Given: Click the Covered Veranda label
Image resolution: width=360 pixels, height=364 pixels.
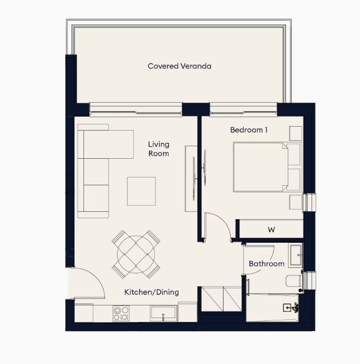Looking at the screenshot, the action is coord(179,66).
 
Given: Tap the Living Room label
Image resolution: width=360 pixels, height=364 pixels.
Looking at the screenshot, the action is coord(159,149).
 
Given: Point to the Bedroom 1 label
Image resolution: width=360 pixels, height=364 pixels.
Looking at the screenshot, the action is coord(248,130).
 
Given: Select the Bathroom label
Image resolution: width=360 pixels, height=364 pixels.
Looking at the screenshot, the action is coord(266,264).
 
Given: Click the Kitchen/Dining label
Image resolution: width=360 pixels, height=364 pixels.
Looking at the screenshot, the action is coord(151,292).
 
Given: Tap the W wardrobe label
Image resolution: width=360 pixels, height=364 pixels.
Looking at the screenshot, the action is coord(271,230).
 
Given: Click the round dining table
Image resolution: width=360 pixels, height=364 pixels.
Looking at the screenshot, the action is coord(136,254).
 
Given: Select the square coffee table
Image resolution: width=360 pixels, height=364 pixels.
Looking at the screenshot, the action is coord(141,191).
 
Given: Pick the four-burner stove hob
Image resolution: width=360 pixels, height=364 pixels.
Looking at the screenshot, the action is coord(121,313).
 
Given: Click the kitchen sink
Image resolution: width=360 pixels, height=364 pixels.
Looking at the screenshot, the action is coord(163,313).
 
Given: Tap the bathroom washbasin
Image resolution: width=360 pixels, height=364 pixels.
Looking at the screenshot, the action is coord(295,254).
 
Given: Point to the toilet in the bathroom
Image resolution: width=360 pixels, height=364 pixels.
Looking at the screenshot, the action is coord(294,281).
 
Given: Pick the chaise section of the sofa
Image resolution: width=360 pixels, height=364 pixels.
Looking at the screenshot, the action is coord(108,144).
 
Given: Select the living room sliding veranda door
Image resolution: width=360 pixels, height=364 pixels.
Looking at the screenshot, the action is coord(135,110).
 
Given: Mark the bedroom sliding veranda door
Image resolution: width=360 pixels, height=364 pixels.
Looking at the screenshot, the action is coord(243,110).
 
